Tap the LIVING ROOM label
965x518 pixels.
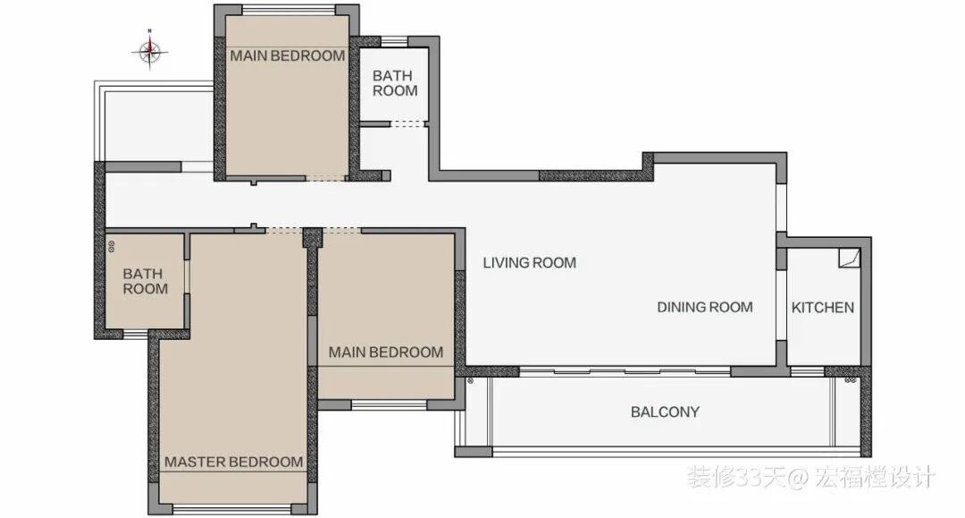click(x=529, y=263)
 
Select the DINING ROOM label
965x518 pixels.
click(x=705, y=308)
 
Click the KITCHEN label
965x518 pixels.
click(x=822, y=308)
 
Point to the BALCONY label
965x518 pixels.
click(x=665, y=412)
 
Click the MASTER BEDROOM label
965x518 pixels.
click(x=233, y=462)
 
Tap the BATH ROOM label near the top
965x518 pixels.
click(x=395, y=83)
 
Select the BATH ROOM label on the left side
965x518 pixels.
click(x=146, y=282)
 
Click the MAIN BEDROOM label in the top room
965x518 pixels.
click(x=288, y=56)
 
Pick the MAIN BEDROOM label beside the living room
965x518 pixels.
click(x=386, y=352)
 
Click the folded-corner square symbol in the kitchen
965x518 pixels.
click(x=850, y=258)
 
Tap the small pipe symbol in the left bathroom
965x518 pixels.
click(x=112, y=246)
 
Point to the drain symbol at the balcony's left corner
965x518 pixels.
click(x=470, y=380)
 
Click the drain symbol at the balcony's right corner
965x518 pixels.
click(x=851, y=380)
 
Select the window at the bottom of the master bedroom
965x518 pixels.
click(x=231, y=509)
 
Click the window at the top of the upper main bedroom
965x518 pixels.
click(x=289, y=10)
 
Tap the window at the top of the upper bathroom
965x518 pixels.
click(x=395, y=41)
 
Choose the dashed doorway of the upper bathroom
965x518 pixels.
click(x=407, y=123)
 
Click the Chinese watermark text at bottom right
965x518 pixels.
click(x=811, y=478)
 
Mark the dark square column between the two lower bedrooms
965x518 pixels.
click(x=313, y=238)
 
